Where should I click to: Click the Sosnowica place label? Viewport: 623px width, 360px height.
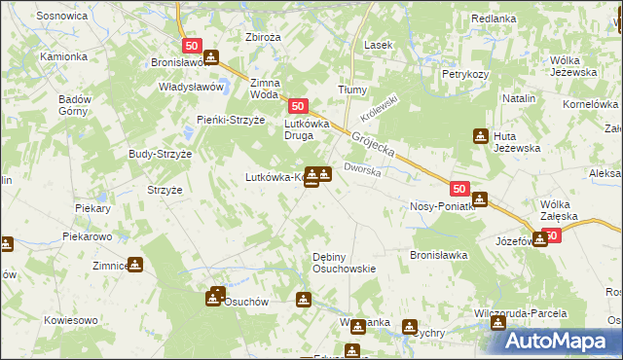(x=61, y=17)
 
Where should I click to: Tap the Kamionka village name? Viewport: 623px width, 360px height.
(x=63, y=56)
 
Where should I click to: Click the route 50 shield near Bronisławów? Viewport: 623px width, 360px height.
(x=191, y=46)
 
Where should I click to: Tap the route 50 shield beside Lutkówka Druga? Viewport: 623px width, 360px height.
(x=298, y=106)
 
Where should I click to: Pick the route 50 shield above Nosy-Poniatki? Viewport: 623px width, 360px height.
(x=460, y=190)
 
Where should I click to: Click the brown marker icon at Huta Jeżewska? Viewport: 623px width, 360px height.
(x=480, y=135)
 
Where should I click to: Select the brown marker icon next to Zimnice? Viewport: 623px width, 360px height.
(x=134, y=264)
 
